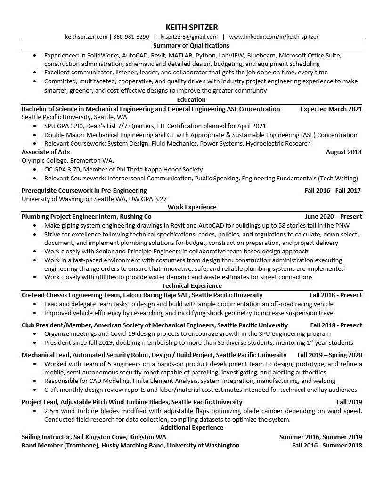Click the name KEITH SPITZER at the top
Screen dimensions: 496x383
(191, 27)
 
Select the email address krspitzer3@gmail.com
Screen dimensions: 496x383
(188, 37)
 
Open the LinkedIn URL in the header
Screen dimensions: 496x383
(274, 37)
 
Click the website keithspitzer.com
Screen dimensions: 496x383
(87, 37)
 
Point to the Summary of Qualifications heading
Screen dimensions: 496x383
(191, 46)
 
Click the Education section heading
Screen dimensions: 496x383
(191, 100)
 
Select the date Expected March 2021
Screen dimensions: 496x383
(331, 109)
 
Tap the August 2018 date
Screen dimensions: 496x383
(343, 152)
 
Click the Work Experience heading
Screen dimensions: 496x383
(191, 207)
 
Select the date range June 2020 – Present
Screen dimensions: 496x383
(333, 217)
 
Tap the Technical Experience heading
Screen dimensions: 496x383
(191, 286)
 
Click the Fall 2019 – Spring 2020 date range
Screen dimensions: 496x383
(329, 355)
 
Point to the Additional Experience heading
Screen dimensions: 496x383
(191, 428)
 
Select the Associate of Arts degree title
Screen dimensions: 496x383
(46, 152)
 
